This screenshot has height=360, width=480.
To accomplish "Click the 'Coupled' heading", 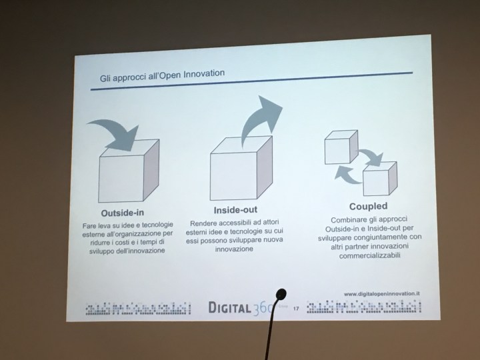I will coord(367,206).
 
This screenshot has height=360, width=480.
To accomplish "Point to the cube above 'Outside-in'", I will coord(125,175).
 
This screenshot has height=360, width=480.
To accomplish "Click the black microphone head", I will coord(281,293).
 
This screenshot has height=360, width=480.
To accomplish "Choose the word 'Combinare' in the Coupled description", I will coord(345,219).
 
